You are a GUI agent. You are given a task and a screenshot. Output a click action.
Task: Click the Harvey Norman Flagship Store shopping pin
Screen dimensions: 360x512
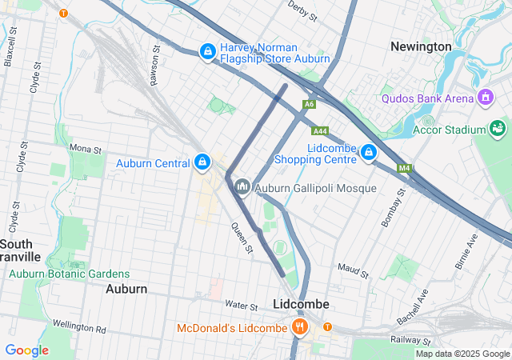tap(207, 51)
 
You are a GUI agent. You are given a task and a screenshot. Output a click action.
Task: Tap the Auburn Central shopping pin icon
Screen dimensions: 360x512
tap(202, 163)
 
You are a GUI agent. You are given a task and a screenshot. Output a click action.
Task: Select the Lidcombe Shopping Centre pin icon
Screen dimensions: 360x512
tap(369, 152)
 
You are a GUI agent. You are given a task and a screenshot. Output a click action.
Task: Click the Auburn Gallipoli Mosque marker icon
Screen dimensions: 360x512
tap(242, 187)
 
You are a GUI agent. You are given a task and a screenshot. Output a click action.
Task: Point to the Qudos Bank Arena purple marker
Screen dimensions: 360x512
tap(483, 98)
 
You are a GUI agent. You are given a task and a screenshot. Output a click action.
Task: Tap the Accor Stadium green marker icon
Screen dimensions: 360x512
tap(498, 129)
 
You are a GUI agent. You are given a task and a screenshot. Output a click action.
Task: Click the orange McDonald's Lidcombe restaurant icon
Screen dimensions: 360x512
tap(300, 327)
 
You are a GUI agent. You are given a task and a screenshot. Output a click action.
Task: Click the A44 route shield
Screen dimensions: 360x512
tap(320, 130)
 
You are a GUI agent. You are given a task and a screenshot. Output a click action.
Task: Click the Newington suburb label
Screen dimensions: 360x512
tap(421, 46)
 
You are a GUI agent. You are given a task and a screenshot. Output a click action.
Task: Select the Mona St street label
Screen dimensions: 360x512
tap(86, 149)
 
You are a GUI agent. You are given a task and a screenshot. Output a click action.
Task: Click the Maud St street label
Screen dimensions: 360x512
tap(353, 270)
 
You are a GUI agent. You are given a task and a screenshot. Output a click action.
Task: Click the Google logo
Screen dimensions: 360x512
tap(26, 350)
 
